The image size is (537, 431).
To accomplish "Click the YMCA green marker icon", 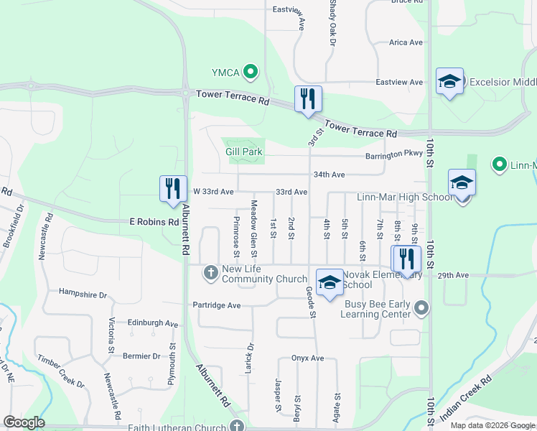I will point(250,71).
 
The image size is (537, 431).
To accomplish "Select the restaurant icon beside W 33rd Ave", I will point(173,189).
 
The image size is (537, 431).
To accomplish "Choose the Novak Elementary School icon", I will point(330,282).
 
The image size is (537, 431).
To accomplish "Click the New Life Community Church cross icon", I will point(210,272).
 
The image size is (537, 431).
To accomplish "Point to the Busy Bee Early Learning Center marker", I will point(422,309).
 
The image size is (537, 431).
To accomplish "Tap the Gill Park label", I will point(244,152).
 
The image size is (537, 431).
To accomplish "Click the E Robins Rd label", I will point(154,222).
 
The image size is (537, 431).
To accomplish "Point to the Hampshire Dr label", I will point(83,295).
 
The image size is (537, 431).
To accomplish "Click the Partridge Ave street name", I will point(216,305).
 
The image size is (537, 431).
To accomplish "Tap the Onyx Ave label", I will point(308,358).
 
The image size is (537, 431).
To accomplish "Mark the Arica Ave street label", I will point(406,42).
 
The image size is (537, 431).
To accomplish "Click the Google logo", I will point(24,422).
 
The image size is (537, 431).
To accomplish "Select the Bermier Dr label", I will point(141,356).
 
